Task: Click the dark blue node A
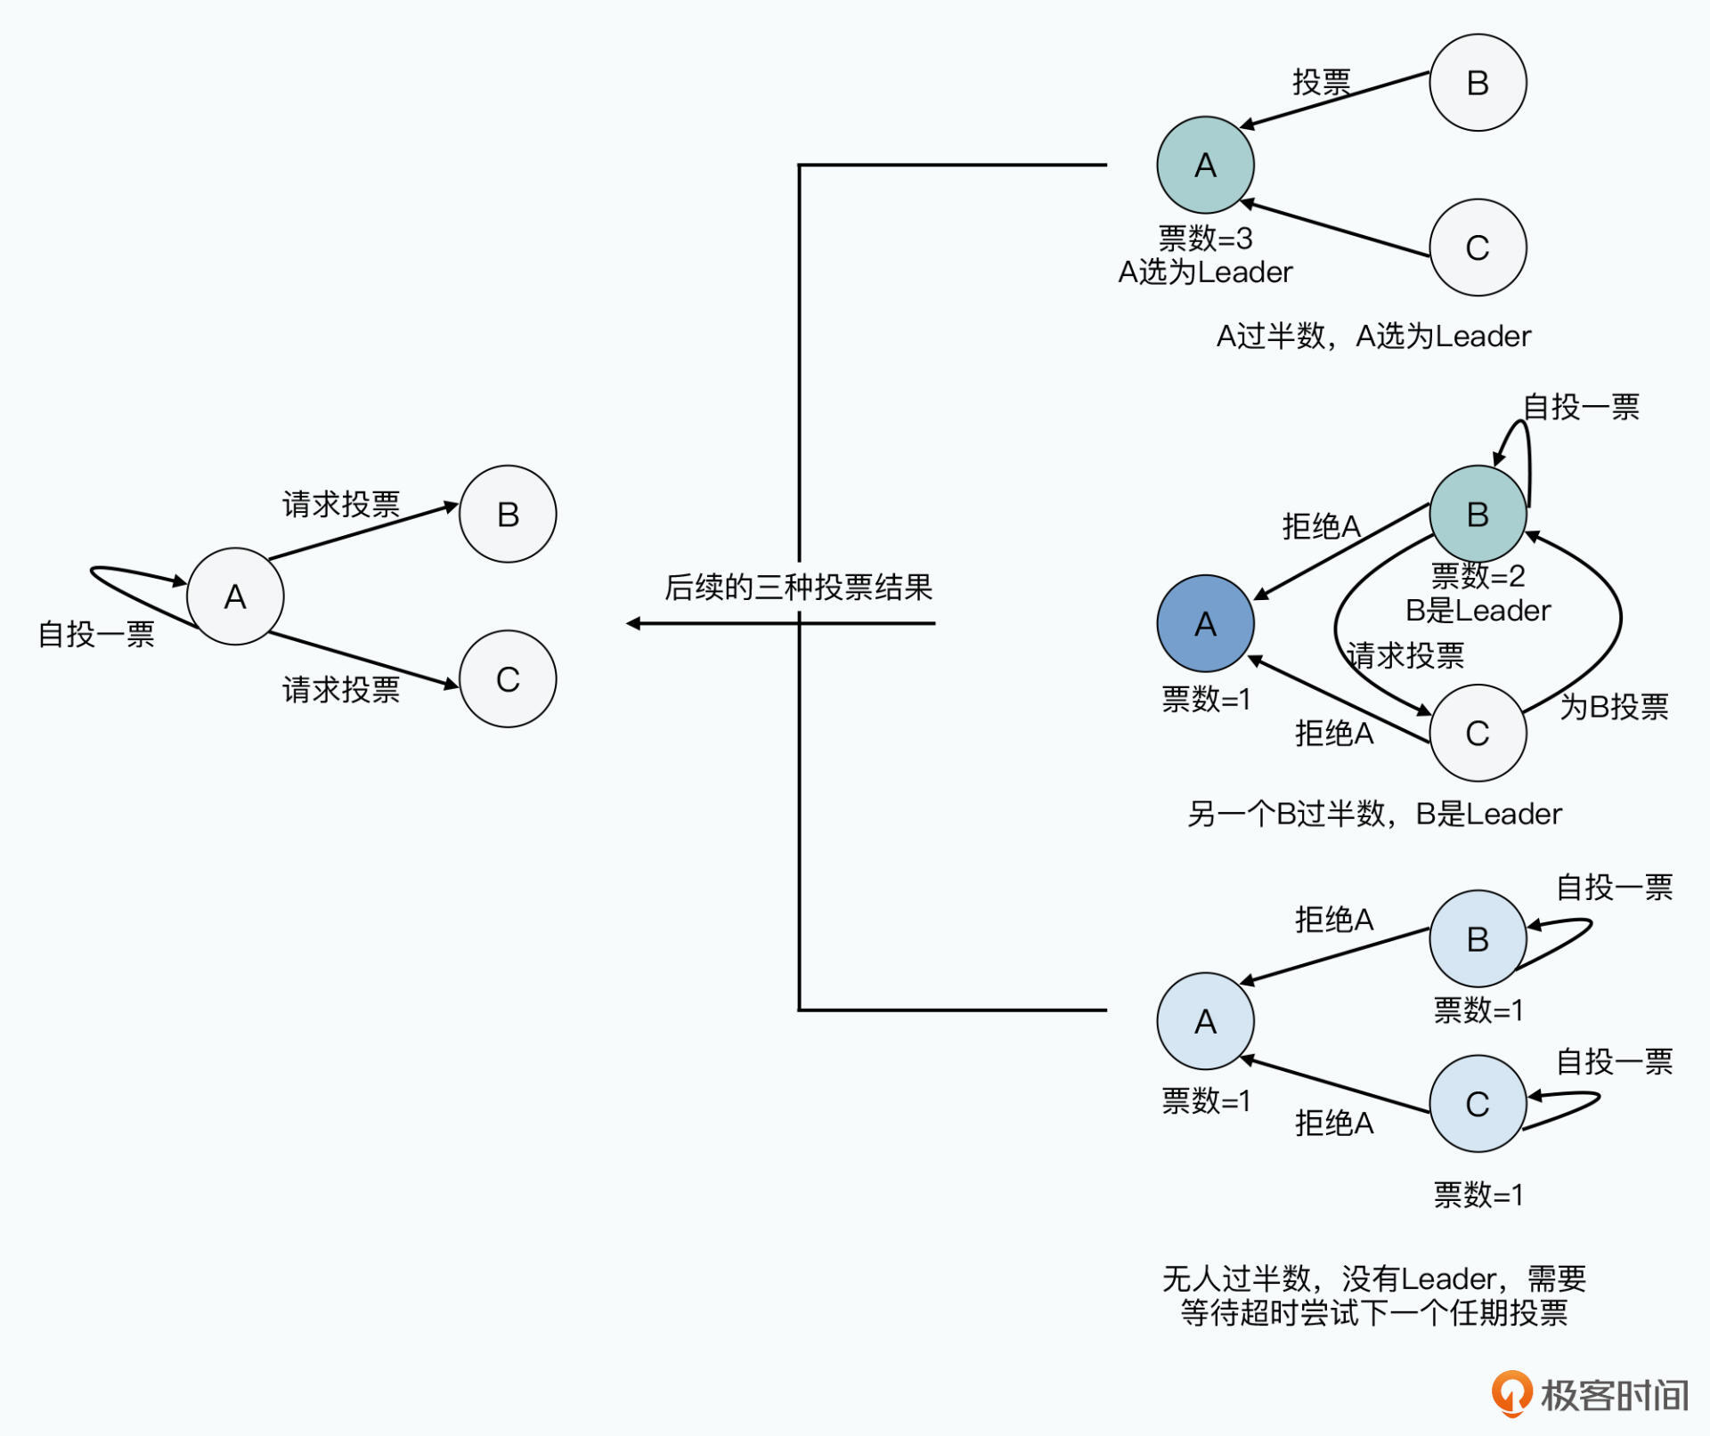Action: (x=1205, y=623)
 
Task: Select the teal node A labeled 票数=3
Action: (x=1205, y=165)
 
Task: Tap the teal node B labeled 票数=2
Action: (x=1478, y=514)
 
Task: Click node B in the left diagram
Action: (x=508, y=514)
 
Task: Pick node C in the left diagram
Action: (x=508, y=679)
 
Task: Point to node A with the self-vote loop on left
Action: (x=235, y=596)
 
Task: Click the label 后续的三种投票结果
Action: (x=798, y=588)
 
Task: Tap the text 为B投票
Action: (x=1614, y=707)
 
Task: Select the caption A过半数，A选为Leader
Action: (x=1373, y=337)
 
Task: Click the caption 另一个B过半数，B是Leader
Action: (x=1373, y=814)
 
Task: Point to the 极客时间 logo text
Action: (x=1614, y=1395)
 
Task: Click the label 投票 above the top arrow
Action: (x=1322, y=82)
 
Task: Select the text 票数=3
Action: (x=1205, y=239)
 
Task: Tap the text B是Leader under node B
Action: (x=1478, y=611)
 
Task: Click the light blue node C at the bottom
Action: (x=1478, y=1104)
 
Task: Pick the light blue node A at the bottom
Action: (x=1205, y=1021)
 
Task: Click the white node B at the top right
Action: (x=1478, y=83)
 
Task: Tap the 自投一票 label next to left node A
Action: (x=96, y=634)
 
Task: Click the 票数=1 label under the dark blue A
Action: (x=1205, y=700)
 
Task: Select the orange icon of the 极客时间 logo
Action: (x=1511, y=1393)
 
